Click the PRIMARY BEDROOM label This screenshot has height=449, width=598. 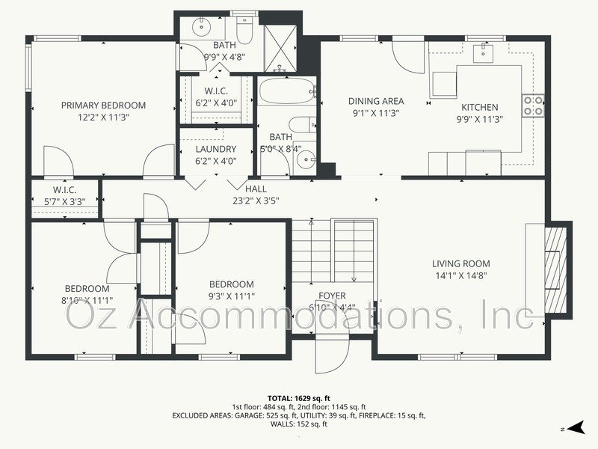coord(103,106)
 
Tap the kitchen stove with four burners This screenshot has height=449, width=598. coord(532,106)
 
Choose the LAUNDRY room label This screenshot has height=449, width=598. coord(215,149)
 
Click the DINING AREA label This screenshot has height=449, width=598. coord(376,101)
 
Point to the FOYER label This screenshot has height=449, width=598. coord(332,296)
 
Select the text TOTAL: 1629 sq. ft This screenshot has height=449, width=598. coord(298,397)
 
